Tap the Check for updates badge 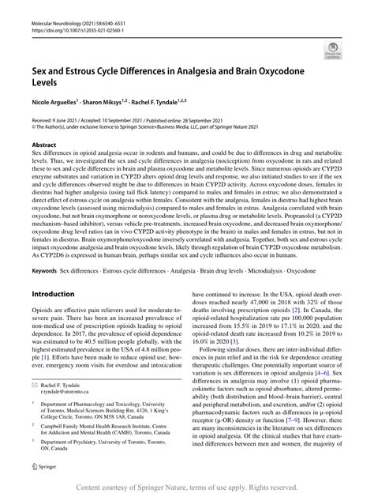tap(335, 53)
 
